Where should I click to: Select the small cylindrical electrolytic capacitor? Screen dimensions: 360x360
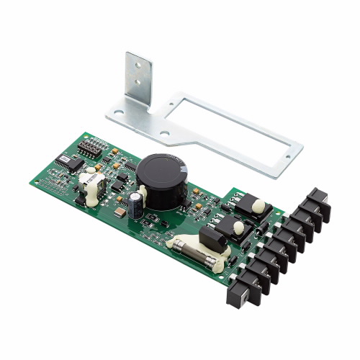click(x=137, y=204)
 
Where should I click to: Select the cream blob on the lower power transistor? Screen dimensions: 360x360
click(x=238, y=227)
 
